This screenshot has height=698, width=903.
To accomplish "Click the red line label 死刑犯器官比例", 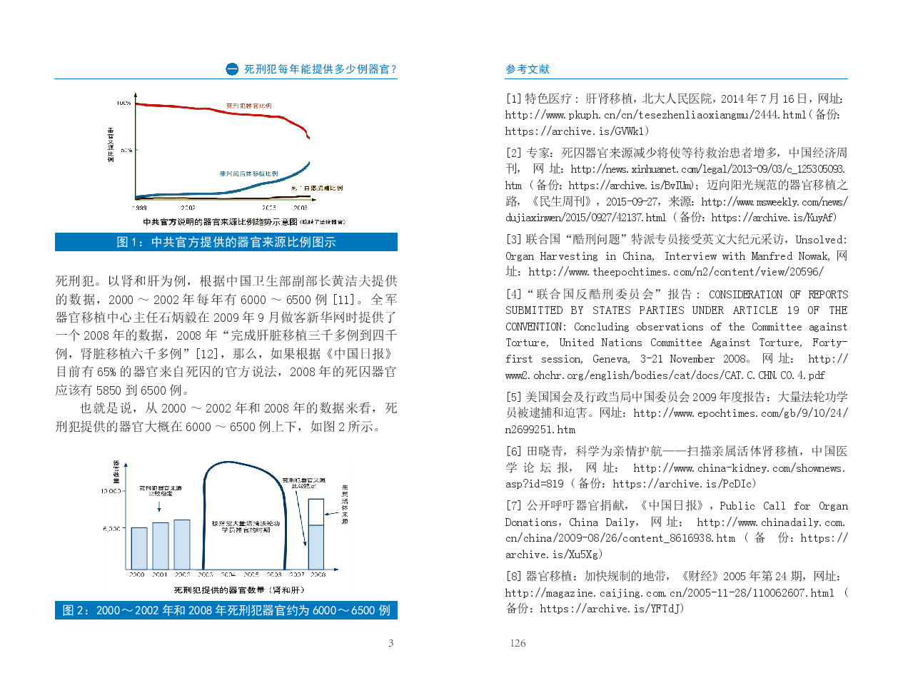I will (x=248, y=106).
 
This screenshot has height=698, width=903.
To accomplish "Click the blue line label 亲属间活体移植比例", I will (x=248, y=173).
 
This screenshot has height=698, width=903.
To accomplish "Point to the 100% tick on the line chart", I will (x=124, y=103).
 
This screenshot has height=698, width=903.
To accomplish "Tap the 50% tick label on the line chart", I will (x=126, y=151).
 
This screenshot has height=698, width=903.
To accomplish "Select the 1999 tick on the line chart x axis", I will (x=140, y=208).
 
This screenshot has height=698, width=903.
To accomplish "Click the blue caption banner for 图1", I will (x=226, y=243).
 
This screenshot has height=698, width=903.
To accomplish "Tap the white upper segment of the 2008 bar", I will (x=316, y=512).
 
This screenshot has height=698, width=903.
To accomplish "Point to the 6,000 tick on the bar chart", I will (x=113, y=529).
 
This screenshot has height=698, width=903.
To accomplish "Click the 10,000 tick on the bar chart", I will (x=111, y=491).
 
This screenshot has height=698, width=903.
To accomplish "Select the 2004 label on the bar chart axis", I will (x=228, y=575).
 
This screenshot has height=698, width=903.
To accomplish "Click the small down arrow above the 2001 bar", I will (x=159, y=506).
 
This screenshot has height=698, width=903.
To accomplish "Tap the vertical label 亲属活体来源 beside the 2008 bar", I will (x=345, y=505).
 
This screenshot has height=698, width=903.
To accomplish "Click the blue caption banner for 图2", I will (x=226, y=610).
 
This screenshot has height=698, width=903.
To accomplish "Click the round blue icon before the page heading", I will (x=232, y=69).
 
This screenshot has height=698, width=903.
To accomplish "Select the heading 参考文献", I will (x=528, y=69).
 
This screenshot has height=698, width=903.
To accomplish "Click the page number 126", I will (x=518, y=643).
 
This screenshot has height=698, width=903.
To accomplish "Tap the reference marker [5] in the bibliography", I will (x=513, y=397).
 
